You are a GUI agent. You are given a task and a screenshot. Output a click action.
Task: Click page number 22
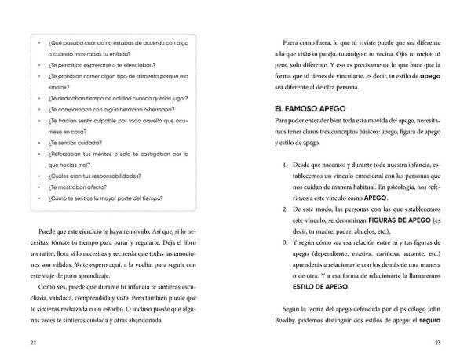click(x=31, y=344)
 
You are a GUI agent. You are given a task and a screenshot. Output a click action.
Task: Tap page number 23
click(x=438, y=344)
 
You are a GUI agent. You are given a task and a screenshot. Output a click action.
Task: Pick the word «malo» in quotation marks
click(x=53, y=89)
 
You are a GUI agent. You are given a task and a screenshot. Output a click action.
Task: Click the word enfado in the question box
click(x=115, y=52)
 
